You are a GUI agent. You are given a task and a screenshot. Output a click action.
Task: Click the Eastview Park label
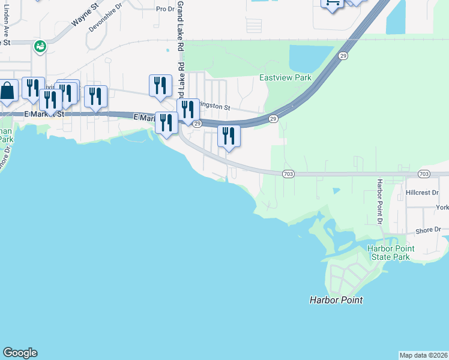click(285, 78)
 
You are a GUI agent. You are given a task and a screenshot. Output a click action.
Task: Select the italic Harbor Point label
click(336, 300)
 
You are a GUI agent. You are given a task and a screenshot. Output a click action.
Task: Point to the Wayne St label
click(85, 16)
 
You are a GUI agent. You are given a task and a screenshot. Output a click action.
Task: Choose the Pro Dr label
click(164, 9)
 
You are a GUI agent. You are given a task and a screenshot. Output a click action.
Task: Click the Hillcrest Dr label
click(423, 193)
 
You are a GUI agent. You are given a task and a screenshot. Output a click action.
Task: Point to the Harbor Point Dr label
click(380, 201)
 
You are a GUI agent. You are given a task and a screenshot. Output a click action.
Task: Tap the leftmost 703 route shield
click(288, 173)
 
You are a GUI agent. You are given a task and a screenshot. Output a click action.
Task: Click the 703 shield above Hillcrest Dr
click(424, 173)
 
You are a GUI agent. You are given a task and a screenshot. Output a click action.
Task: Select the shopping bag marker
click(8, 91)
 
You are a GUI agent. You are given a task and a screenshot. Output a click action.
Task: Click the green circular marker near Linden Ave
click(40, 46)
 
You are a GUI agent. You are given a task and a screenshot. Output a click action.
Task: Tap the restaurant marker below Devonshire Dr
click(95, 96)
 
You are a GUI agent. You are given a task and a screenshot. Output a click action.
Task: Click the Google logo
click(20, 353)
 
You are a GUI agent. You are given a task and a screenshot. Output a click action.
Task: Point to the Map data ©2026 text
click(423, 355)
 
